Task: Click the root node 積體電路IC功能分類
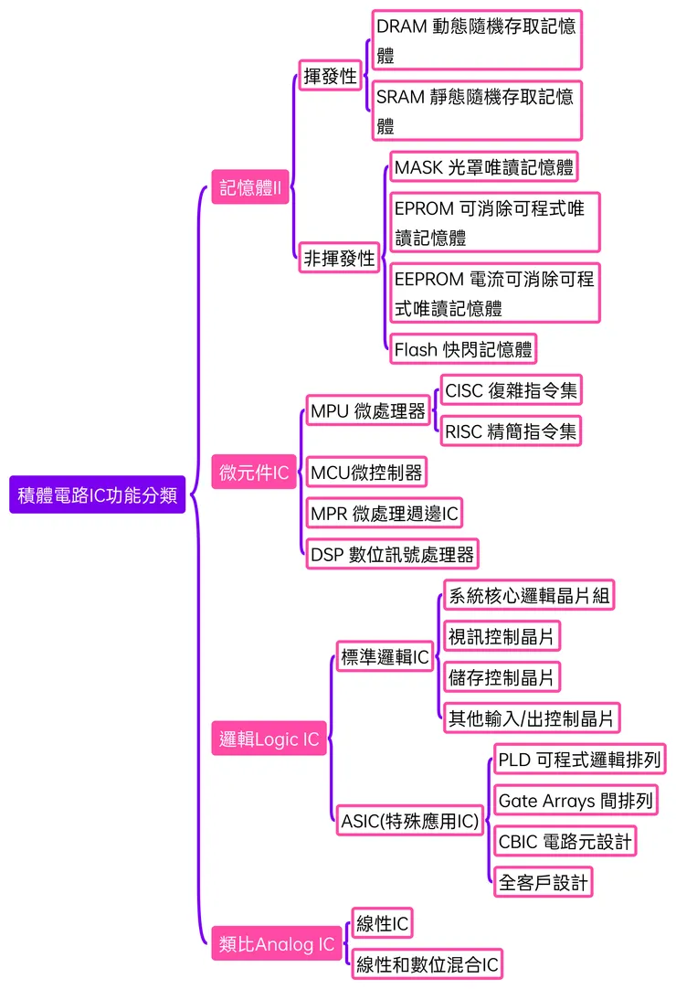(98, 494)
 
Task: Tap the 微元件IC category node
(254, 473)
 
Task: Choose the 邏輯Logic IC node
(270, 739)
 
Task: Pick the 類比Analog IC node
(277, 944)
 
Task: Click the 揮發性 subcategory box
(330, 76)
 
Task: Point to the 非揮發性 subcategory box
(339, 259)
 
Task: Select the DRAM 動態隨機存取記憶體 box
(476, 40)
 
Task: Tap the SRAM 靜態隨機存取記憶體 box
(476, 111)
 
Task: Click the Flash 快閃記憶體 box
(462, 349)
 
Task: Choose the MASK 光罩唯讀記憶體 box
(484, 167)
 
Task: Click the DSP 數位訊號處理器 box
(392, 553)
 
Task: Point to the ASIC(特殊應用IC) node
(409, 821)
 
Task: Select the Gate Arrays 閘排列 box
(576, 801)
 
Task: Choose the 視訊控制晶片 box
(502, 635)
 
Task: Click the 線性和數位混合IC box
(428, 963)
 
